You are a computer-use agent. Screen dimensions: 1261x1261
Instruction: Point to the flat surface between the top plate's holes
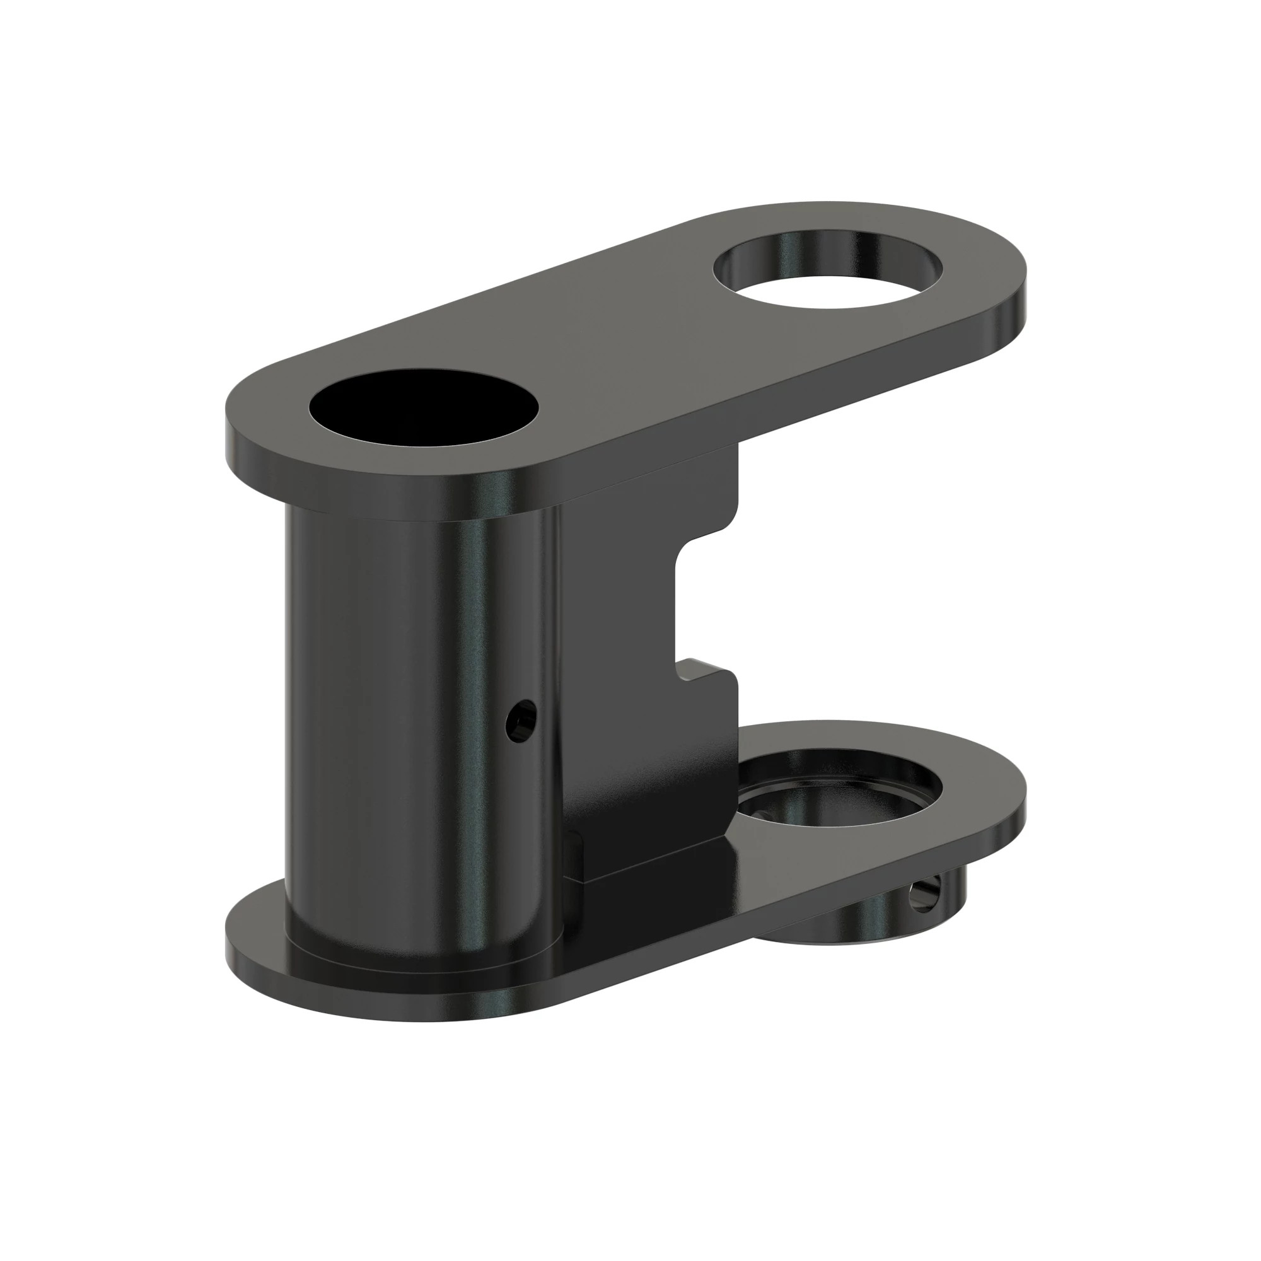point(627,339)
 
